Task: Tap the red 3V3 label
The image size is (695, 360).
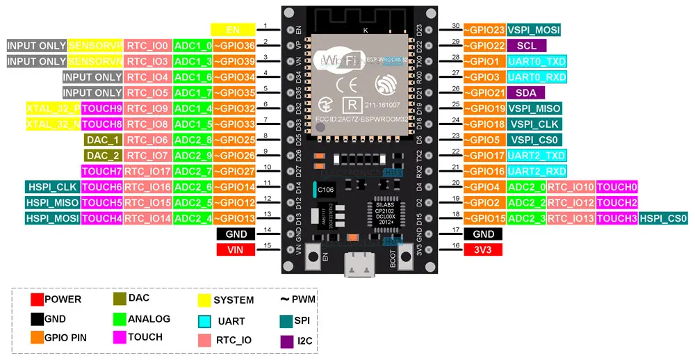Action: [x=482, y=249]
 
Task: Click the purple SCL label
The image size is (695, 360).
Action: [x=525, y=45]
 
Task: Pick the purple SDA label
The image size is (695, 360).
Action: [x=525, y=92]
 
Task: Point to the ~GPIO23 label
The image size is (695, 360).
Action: [x=484, y=30]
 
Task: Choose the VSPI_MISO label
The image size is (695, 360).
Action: [x=534, y=108]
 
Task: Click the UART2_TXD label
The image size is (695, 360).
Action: [x=536, y=155]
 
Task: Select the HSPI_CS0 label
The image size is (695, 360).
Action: [x=664, y=218]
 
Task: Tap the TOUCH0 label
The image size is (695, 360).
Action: [x=616, y=187]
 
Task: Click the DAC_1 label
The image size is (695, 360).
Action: [x=103, y=140]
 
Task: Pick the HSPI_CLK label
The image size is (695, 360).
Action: [x=52, y=187]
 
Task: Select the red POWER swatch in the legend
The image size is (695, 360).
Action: [x=37, y=300]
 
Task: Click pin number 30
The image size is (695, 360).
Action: [x=456, y=26]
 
